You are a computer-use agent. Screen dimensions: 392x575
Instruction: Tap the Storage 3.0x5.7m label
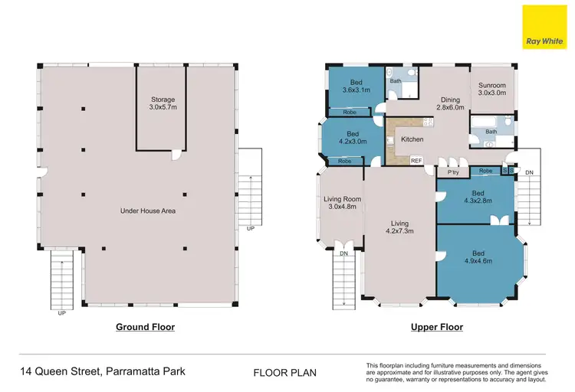[163, 103]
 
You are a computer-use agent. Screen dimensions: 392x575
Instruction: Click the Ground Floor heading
[145, 327]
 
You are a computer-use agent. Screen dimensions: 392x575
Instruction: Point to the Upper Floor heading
[437, 327]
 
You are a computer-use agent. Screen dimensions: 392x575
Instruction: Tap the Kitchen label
[412, 139]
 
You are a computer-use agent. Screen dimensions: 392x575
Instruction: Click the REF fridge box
[416, 161]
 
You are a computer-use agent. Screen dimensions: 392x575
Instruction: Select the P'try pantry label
[452, 173]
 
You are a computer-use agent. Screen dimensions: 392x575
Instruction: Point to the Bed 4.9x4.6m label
[478, 256]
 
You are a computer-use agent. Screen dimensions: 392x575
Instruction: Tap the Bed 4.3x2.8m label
[478, 197]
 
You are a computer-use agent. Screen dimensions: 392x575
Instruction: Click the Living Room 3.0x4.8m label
[342, 203]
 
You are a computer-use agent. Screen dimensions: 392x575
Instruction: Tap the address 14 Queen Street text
[102, 372]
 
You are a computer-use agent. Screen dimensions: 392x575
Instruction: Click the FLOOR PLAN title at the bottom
[284, 374]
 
